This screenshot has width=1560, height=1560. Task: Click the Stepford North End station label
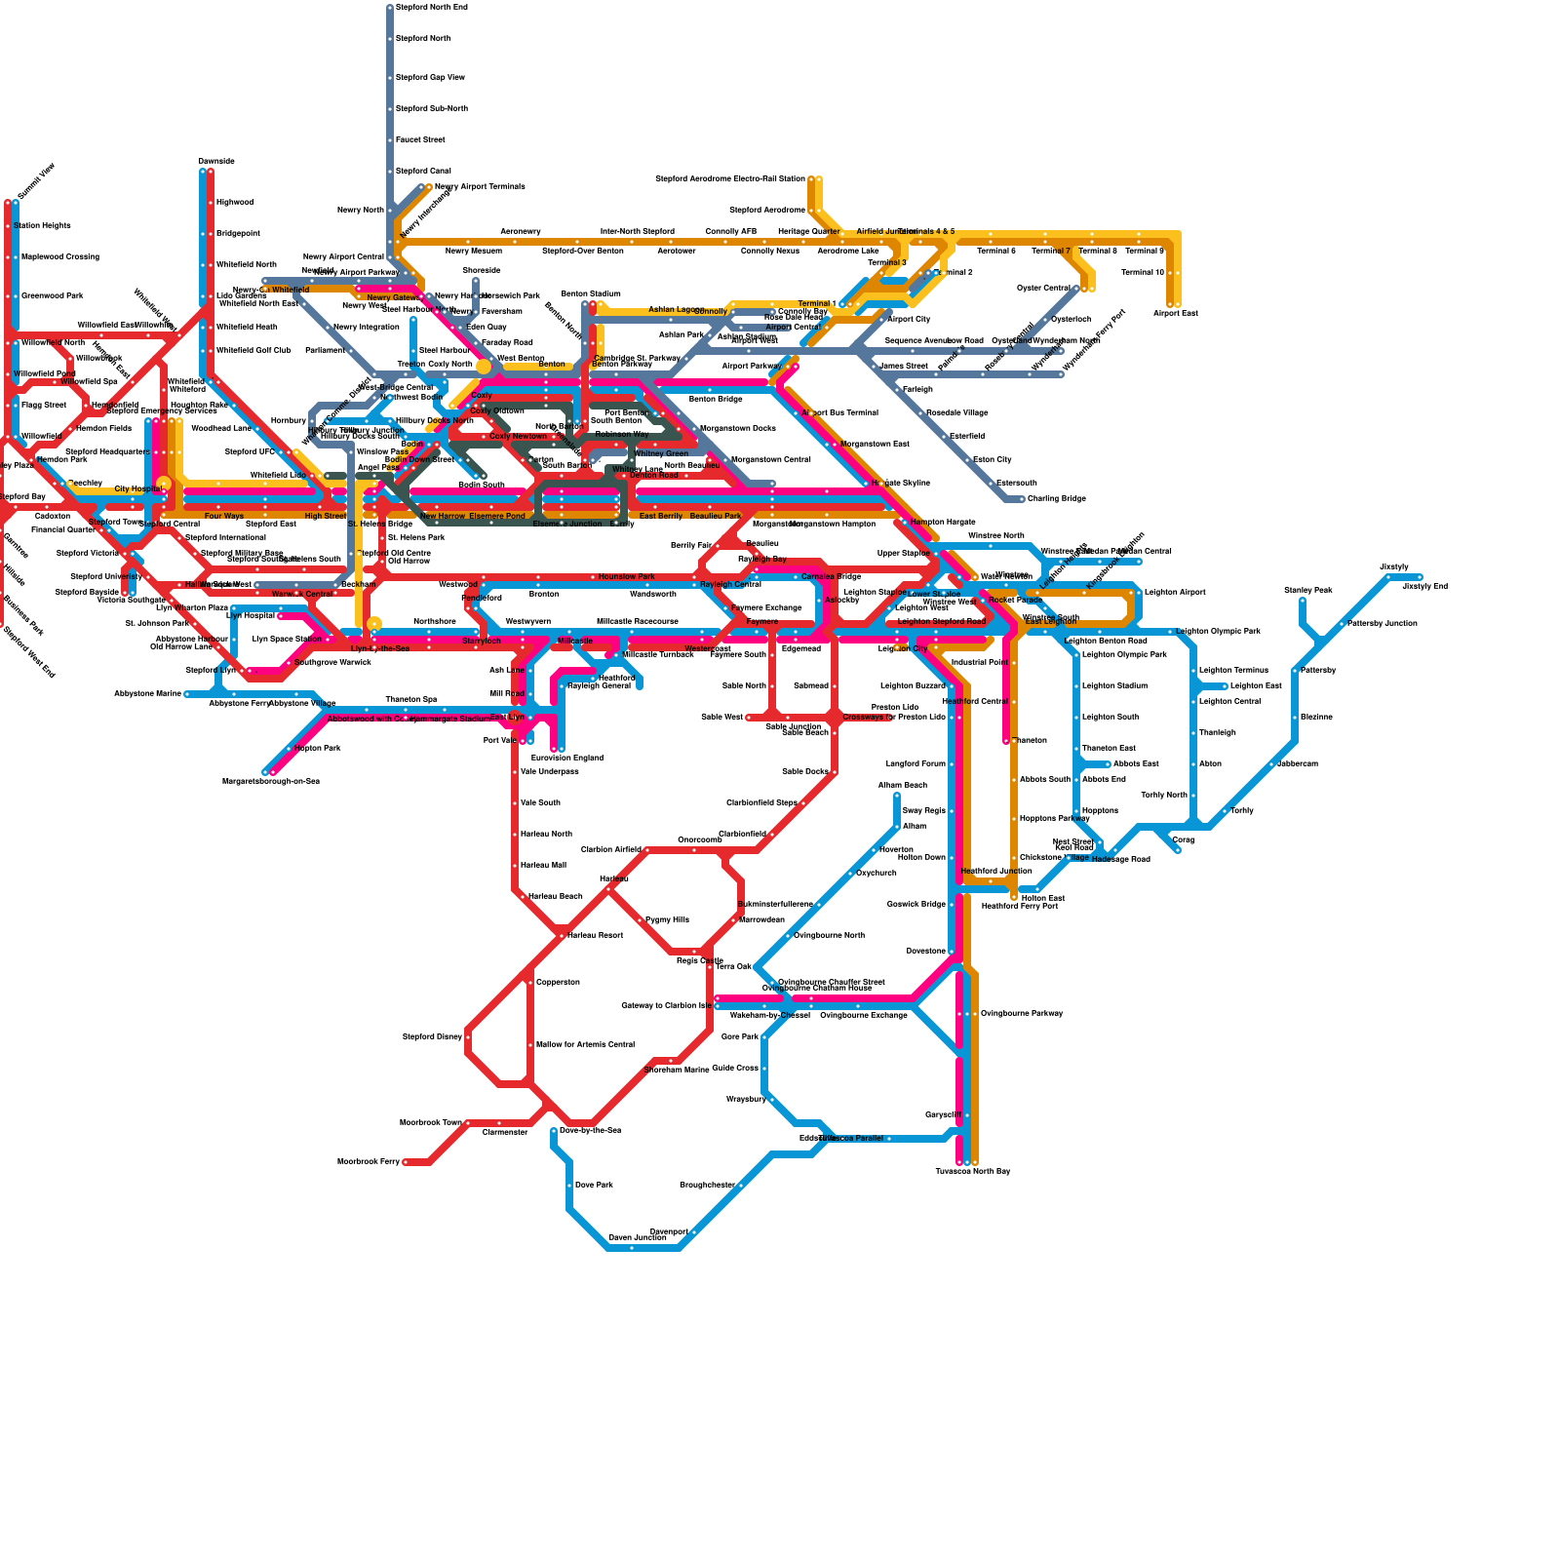[432, 8]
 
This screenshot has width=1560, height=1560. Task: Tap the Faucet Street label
[420, 140]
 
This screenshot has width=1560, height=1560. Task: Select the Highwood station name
[235, 203]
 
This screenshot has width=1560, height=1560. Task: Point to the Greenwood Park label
[53, 296]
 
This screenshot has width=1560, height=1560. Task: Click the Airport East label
[1176, 314]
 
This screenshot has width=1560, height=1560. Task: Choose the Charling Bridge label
[1057, 499]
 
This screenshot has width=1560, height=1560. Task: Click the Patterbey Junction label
[1383, 624]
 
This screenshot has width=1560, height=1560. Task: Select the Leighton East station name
[1256, 686]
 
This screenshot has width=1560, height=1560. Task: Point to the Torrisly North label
[1164, 796]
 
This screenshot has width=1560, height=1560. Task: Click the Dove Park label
[595, 1186]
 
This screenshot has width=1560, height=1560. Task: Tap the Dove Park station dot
[569, 1186]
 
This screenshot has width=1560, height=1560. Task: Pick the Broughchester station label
[707, 1186]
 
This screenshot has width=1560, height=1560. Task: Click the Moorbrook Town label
[431, 1123]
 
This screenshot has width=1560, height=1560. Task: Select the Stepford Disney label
[432, 1037]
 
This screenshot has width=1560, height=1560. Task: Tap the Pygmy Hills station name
[667, 920]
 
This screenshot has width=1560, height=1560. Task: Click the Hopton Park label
[318, 749]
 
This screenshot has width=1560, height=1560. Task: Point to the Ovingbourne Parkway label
[1022, 1014]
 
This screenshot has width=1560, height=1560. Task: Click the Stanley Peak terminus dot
[1303, 601]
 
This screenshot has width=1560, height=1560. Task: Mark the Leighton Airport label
[1175, 593]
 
